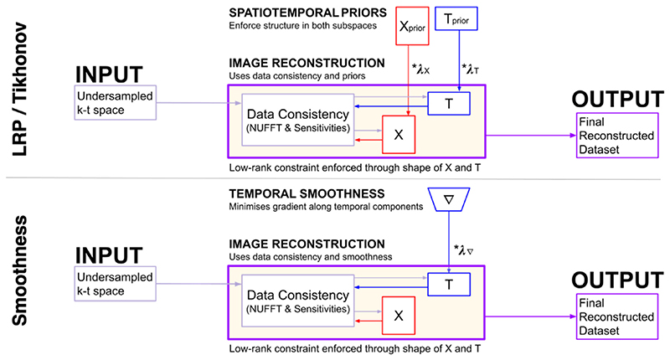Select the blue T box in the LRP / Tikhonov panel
[x=449, y=100]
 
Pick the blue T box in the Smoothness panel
[x=449, y=284]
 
